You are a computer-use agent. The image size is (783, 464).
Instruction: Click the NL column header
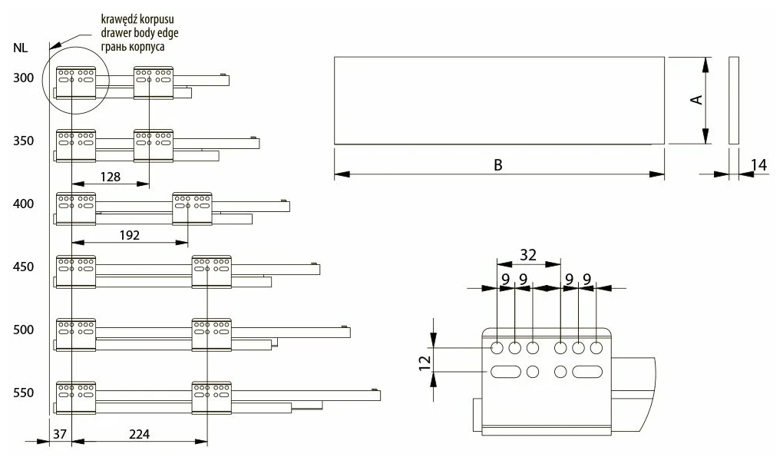point(21,48)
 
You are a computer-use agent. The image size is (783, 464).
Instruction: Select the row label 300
point(23,78)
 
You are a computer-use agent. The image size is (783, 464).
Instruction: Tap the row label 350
point(23,141)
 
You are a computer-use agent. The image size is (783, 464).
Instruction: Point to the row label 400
point(23,204)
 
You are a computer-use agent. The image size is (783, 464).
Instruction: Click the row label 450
point(23,267)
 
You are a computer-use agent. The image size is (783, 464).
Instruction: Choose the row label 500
point(23,330)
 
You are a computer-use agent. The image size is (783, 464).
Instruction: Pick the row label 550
point(23,393)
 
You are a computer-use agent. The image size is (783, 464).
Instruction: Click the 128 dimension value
point(110,176)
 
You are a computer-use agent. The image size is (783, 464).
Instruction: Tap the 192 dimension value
point(130,235)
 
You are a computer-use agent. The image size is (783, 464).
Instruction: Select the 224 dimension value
point(139,434)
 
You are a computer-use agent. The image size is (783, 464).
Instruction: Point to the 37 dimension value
point(61,434)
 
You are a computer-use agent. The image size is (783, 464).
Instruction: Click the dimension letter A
point(697,100)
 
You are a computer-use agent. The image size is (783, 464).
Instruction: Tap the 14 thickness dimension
point(758,164)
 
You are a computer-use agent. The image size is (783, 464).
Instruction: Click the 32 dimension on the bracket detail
point(528,254)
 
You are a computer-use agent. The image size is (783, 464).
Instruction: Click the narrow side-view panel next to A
point(733,100)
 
